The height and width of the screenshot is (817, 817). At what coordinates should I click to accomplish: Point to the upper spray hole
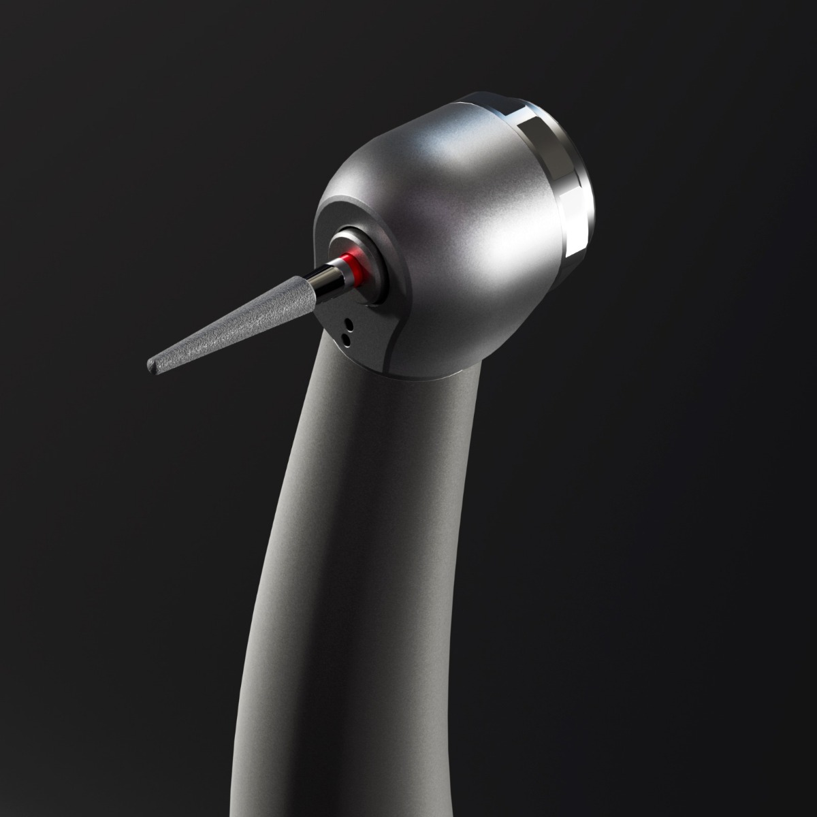tap(348, 322)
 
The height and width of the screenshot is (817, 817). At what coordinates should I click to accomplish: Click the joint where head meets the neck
tap(422, 374)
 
